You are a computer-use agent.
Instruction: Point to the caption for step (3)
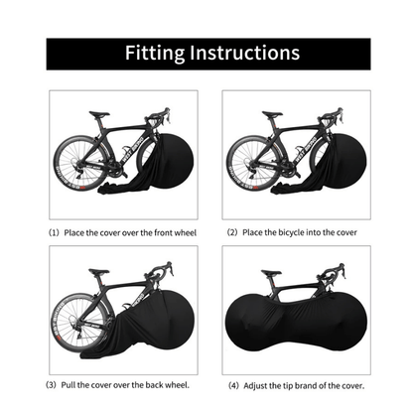pos(123,383)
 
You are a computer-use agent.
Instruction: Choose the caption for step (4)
pos(295,383)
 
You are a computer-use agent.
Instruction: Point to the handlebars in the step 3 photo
pos(161,270)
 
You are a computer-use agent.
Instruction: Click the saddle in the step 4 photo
pos(272,271)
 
